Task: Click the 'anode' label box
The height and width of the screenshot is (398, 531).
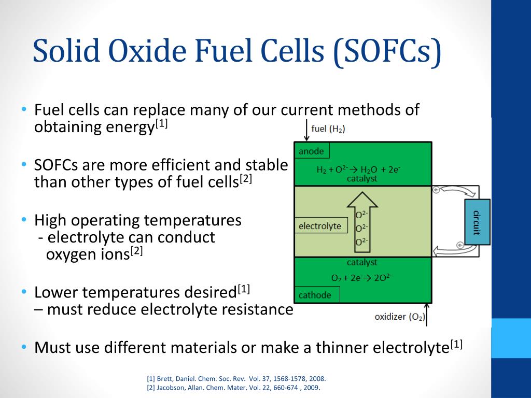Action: coord(312,151)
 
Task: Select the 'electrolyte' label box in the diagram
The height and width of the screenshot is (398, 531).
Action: coord(320,226)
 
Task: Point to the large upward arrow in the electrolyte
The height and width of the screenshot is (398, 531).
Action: coord(362,218)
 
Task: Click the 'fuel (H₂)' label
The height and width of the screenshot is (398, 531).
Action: coord(328,129)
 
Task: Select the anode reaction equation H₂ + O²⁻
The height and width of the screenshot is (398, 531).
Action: coord(358,169)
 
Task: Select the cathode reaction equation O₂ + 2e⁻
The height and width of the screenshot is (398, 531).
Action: coord(361,277)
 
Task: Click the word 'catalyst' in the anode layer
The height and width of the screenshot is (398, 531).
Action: coord(362,179)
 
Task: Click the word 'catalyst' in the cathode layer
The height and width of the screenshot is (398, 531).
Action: coord(362,263)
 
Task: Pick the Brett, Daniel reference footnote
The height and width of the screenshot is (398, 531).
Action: coord(236,379)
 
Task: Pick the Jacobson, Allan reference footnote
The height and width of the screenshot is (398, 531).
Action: coord(233,388)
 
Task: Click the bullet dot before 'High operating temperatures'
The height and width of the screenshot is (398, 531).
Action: coord(24,220)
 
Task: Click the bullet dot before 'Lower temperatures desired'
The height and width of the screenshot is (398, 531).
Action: coord(24,292)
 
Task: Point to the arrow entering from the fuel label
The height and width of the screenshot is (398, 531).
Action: coord(306,132)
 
